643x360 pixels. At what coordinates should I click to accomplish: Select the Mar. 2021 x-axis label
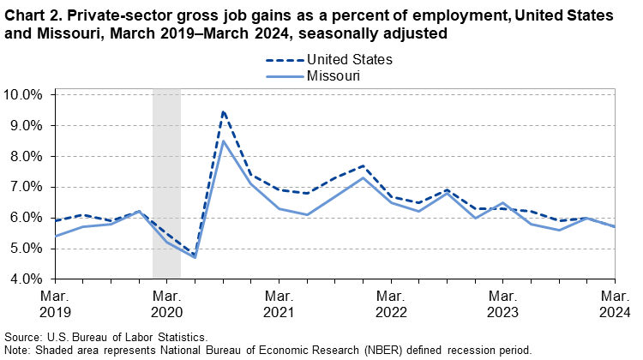[x=279, y=303]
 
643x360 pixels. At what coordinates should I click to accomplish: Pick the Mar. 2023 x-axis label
[x=502, y=303]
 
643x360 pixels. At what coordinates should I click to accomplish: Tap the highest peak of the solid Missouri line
[x=223, y=141]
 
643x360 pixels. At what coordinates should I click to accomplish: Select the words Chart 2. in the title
[x=32, y=17]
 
